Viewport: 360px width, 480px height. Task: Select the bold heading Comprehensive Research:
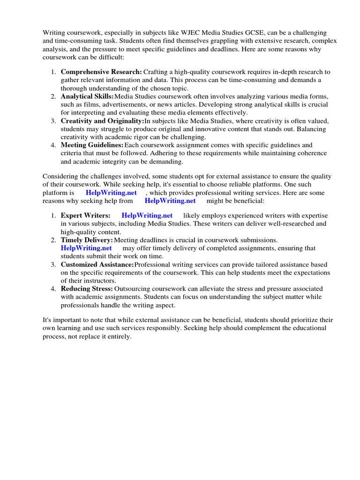(101, 72)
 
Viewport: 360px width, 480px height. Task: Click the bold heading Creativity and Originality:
(102, 120)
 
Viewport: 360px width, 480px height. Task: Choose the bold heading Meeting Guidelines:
(92, 145)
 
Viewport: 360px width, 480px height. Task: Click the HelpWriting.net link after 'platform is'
(111, 193)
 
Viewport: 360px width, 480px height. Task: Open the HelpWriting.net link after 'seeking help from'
(170, 201)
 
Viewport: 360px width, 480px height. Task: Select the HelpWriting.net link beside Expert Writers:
(147, 215)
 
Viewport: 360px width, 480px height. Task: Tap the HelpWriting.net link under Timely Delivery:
(86, 248)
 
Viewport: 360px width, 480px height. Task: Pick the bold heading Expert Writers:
(86, 215)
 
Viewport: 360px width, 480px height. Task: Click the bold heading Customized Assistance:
(97, 264)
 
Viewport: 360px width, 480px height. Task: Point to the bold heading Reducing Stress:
(87, 289)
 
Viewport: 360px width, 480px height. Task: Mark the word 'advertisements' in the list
(117, 104)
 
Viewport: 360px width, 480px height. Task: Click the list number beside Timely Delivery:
(53, 240)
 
